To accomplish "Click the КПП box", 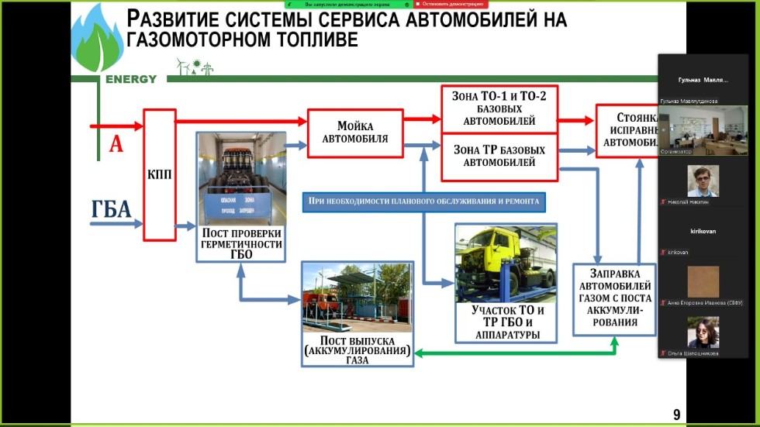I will click(161, 174).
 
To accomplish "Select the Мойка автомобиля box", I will click(355, 133).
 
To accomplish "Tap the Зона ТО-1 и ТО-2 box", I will click(499, 108).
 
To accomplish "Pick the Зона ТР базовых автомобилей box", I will click(499, 155).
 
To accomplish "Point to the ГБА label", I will click(111, 211).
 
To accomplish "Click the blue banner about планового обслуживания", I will click(423, 201).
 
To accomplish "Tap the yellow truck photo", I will click(506, 262).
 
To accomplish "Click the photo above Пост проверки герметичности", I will click(240, 177).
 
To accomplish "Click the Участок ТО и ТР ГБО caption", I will click(507, 322).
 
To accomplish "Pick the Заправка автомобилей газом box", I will click(614, 298).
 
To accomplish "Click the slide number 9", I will click(676, 415).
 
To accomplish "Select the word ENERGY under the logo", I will click(131, 79).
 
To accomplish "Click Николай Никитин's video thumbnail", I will click(703, 180).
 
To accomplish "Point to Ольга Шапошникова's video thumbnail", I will click(703, 332).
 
